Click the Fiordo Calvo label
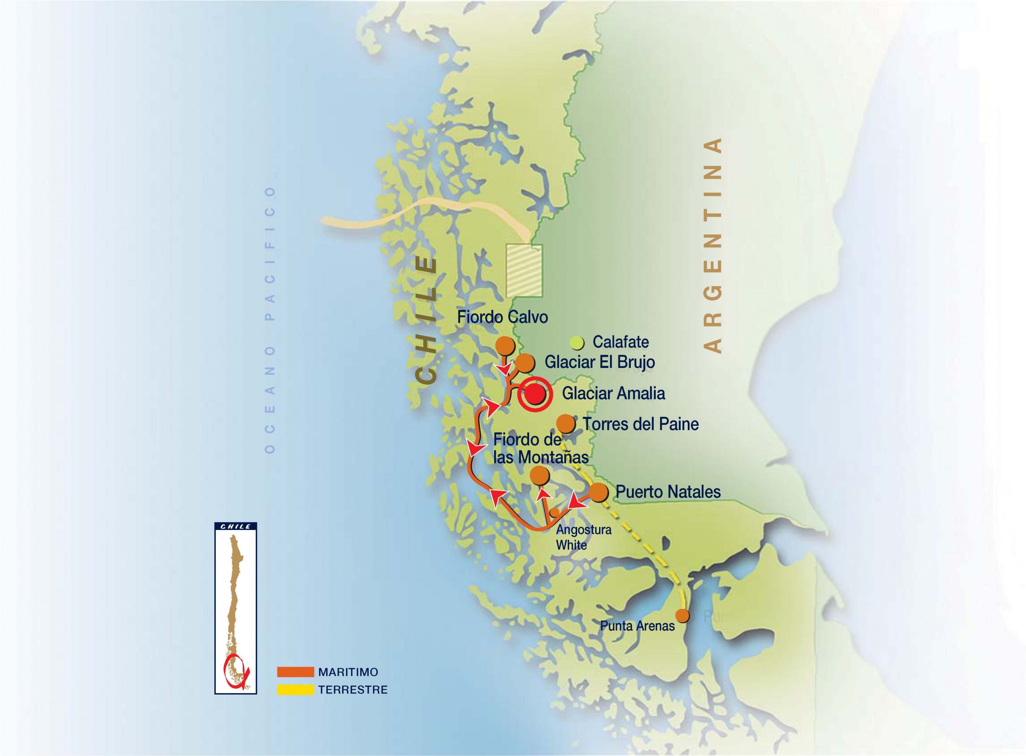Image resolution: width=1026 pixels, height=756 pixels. (502, 317)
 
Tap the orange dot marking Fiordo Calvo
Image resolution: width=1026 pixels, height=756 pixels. (505, 346)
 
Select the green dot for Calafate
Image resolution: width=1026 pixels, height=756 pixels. (577, 342)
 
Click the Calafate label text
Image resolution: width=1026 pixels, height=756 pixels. (620, 342)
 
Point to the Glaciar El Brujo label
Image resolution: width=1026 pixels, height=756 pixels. (599, 362)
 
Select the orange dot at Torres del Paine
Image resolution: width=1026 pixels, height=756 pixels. (566, 424)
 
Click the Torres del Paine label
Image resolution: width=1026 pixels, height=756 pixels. (640, 424)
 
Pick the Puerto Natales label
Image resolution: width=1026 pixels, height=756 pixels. (667, 492)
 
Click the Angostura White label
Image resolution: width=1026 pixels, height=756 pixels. (583, 537)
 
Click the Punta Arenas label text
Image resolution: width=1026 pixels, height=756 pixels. (637, 626)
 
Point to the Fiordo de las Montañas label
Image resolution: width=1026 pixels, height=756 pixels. (540, 449)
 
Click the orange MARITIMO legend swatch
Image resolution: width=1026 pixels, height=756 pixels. (295, 672)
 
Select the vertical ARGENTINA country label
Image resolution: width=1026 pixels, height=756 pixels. (712, 245)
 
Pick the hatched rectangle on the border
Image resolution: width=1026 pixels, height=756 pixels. (524, 270)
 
